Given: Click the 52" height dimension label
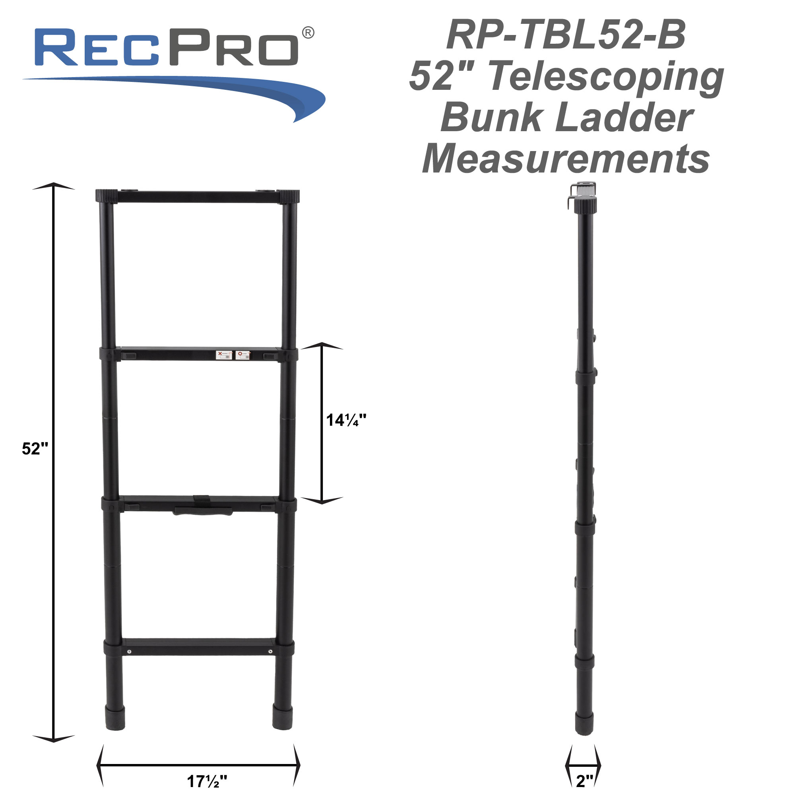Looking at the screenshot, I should (35, 448).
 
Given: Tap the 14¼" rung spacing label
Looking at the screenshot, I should (346, 420).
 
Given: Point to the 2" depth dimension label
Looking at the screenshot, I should (584, 781).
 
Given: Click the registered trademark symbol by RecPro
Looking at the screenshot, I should (308, 33).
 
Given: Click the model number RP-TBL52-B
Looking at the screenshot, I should (566, 35).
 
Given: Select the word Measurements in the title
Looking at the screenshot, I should (566, 160).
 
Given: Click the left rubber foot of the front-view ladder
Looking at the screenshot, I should (115, 718).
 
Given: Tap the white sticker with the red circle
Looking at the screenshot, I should (243, 355).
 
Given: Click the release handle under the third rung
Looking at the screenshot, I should (203, 512).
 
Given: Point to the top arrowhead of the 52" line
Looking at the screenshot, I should (54, 186).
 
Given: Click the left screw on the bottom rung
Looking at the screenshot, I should (129, 652).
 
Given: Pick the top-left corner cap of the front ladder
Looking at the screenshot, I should (107, 196).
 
